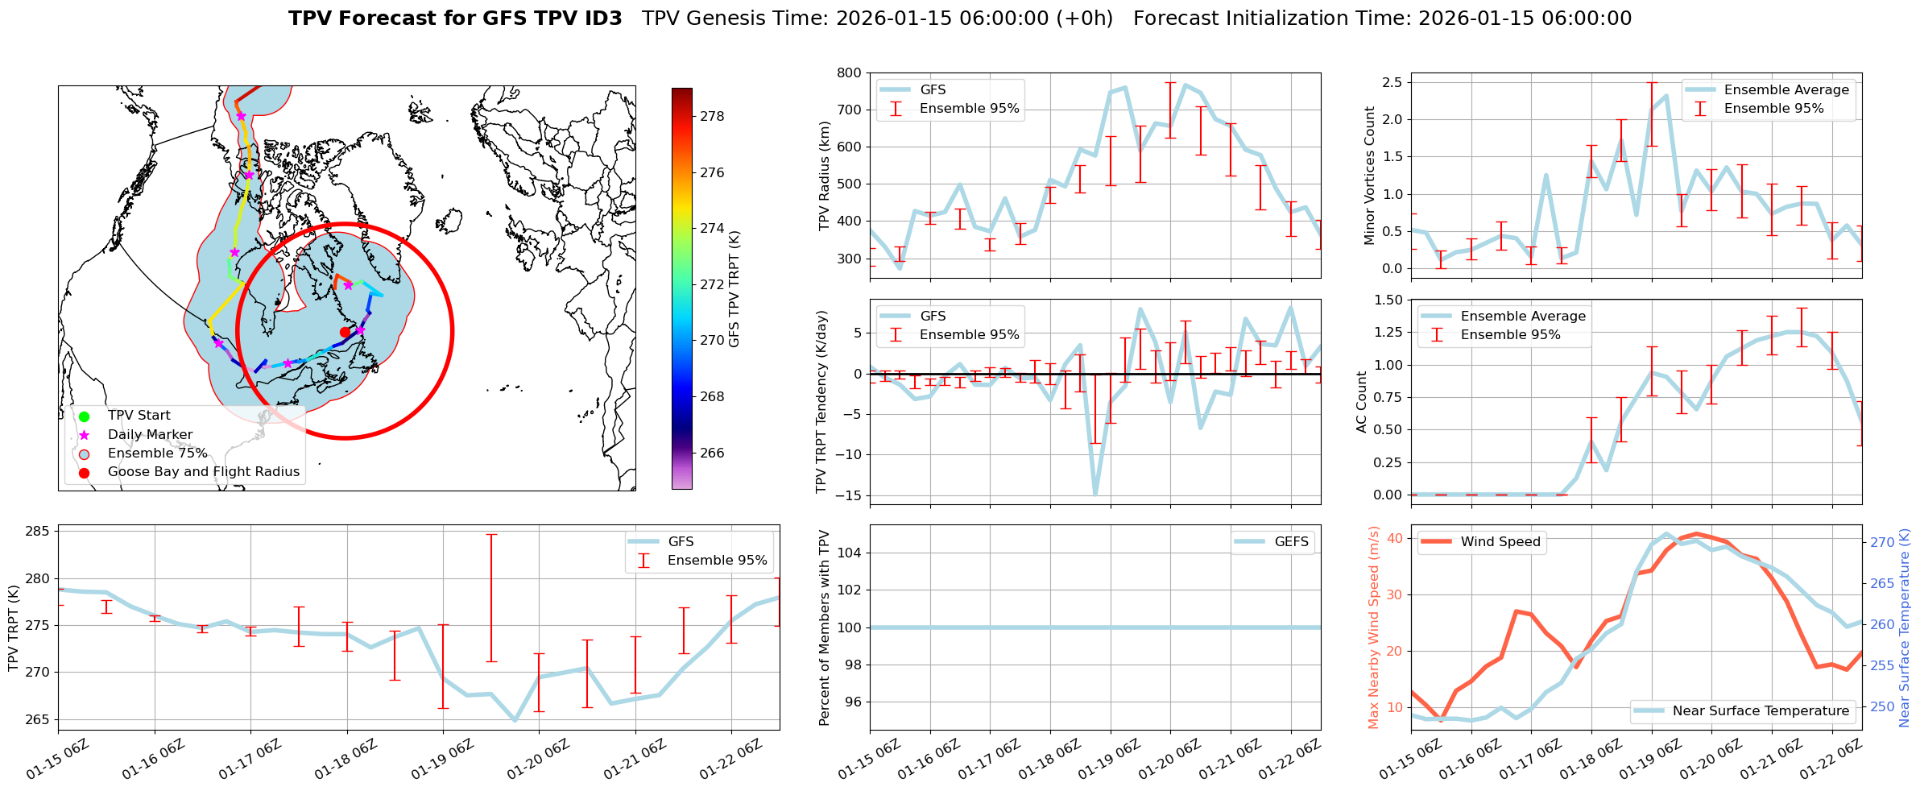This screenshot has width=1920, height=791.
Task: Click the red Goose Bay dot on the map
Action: pyautogui.click(x=345, y=332)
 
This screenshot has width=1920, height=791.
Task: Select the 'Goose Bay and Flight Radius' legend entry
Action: pyautogui.click(x=203, y=472)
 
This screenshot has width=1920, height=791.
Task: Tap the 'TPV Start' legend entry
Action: pyautogui.click(x=139, y=416)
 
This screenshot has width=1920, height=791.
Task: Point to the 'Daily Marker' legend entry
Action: pyautogui.click(x=150, y=435)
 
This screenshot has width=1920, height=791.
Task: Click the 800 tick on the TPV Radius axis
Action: pyautogui.click(x=849, y=72)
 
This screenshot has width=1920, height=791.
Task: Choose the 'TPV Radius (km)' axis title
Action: pyautogui.click(x=824, y=176)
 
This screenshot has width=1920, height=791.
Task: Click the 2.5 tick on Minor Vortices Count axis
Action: pyautogui.click(x=1391, y=82)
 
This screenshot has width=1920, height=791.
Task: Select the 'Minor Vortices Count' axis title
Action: pyautogui.click(x=1370, y=176)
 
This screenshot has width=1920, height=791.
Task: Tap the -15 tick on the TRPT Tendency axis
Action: pyautogui.click(x=846, y=495)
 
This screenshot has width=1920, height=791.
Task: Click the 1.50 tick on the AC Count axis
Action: pyautogui.click(x=1385, y=300)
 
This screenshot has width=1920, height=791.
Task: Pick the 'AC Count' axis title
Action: pyautogui.click(x=1362, y=402)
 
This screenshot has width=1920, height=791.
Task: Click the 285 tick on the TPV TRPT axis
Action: pyautogui.click(x=38, y=532)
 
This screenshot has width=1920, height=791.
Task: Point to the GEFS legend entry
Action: pyautogui.click(x=1291, y=542)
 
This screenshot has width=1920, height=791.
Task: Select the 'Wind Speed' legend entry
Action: pyautogui.click(x=1500, y=542)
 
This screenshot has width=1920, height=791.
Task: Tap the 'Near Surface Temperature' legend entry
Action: pyautogui.click(x=1760, y=711)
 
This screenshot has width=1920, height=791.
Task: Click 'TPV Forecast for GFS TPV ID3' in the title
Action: pyautogui.click(x=455, y=19)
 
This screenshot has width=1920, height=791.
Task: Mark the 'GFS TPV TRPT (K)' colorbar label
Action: pyautogui.click(x=734, y=289)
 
